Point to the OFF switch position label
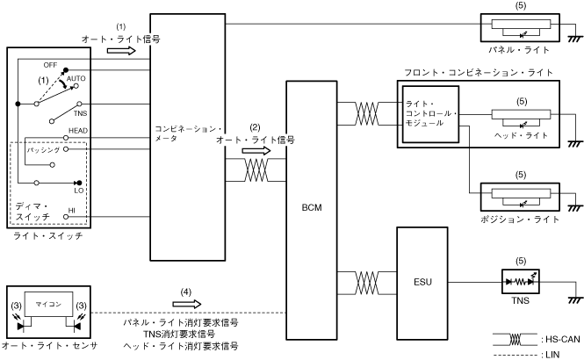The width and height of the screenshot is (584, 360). click(x=50, y=65)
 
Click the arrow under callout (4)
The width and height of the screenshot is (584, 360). click(x=187, y=306)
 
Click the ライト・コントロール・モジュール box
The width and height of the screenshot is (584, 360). click(x=431, y=113)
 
